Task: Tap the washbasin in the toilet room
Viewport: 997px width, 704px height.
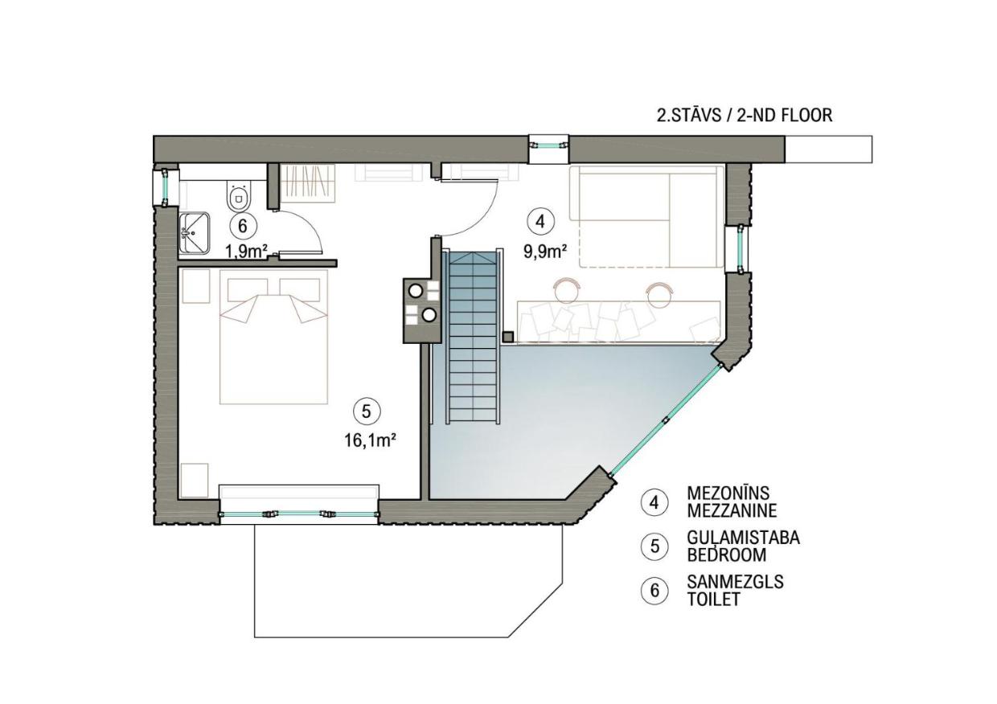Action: coord(194,233)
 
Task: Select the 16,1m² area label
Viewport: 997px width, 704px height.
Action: coord(371,441)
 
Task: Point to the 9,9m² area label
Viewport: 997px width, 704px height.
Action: coord(545,252)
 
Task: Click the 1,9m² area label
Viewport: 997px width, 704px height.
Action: coord(246,252)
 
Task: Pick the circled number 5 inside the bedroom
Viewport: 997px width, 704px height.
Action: coord(367,411)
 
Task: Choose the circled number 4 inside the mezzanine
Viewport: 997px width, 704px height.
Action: coord(540,221)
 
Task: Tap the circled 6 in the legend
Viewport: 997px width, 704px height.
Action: coord(654,591)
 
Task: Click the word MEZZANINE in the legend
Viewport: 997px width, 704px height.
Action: coord(732,511)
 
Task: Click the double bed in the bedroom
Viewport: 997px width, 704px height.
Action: coord(273,337)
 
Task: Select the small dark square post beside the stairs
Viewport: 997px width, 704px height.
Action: coord(508,337)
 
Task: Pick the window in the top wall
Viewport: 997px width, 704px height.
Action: coord(549,145)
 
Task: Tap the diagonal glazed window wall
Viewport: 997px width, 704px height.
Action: coord(666,420)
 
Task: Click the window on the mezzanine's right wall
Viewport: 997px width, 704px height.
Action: coord(740,249)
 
